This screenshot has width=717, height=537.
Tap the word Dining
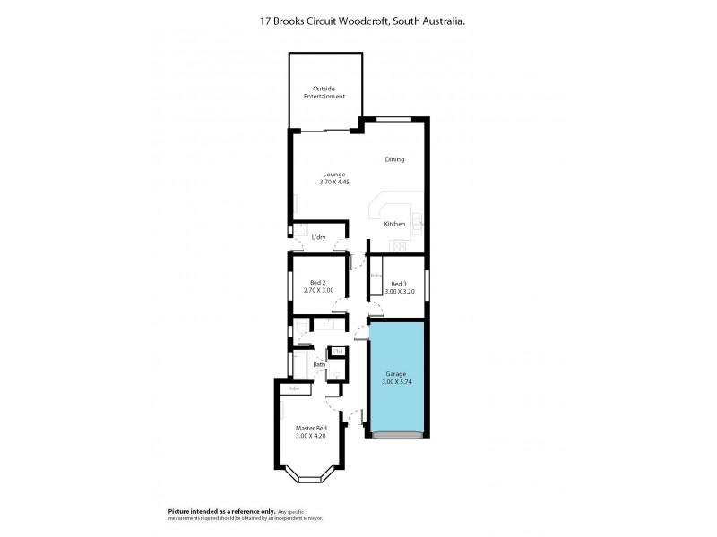click(394, 159)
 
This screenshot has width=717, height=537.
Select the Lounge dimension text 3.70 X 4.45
click(333, 182)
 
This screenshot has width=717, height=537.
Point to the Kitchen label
click(394, 224)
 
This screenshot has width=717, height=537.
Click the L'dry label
click(317, 237)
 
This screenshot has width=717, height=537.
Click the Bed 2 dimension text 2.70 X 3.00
click(319, 291)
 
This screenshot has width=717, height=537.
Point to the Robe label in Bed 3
click(376, 277)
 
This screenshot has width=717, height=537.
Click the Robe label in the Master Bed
click(293, 388)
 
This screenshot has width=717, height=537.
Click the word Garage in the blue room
click(396, 373)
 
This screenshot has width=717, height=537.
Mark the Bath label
click(318, 364)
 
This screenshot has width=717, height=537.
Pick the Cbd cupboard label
click(337, 350)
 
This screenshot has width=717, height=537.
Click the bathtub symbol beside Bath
click(299, 363)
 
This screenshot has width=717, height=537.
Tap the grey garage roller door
click(395, 436)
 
